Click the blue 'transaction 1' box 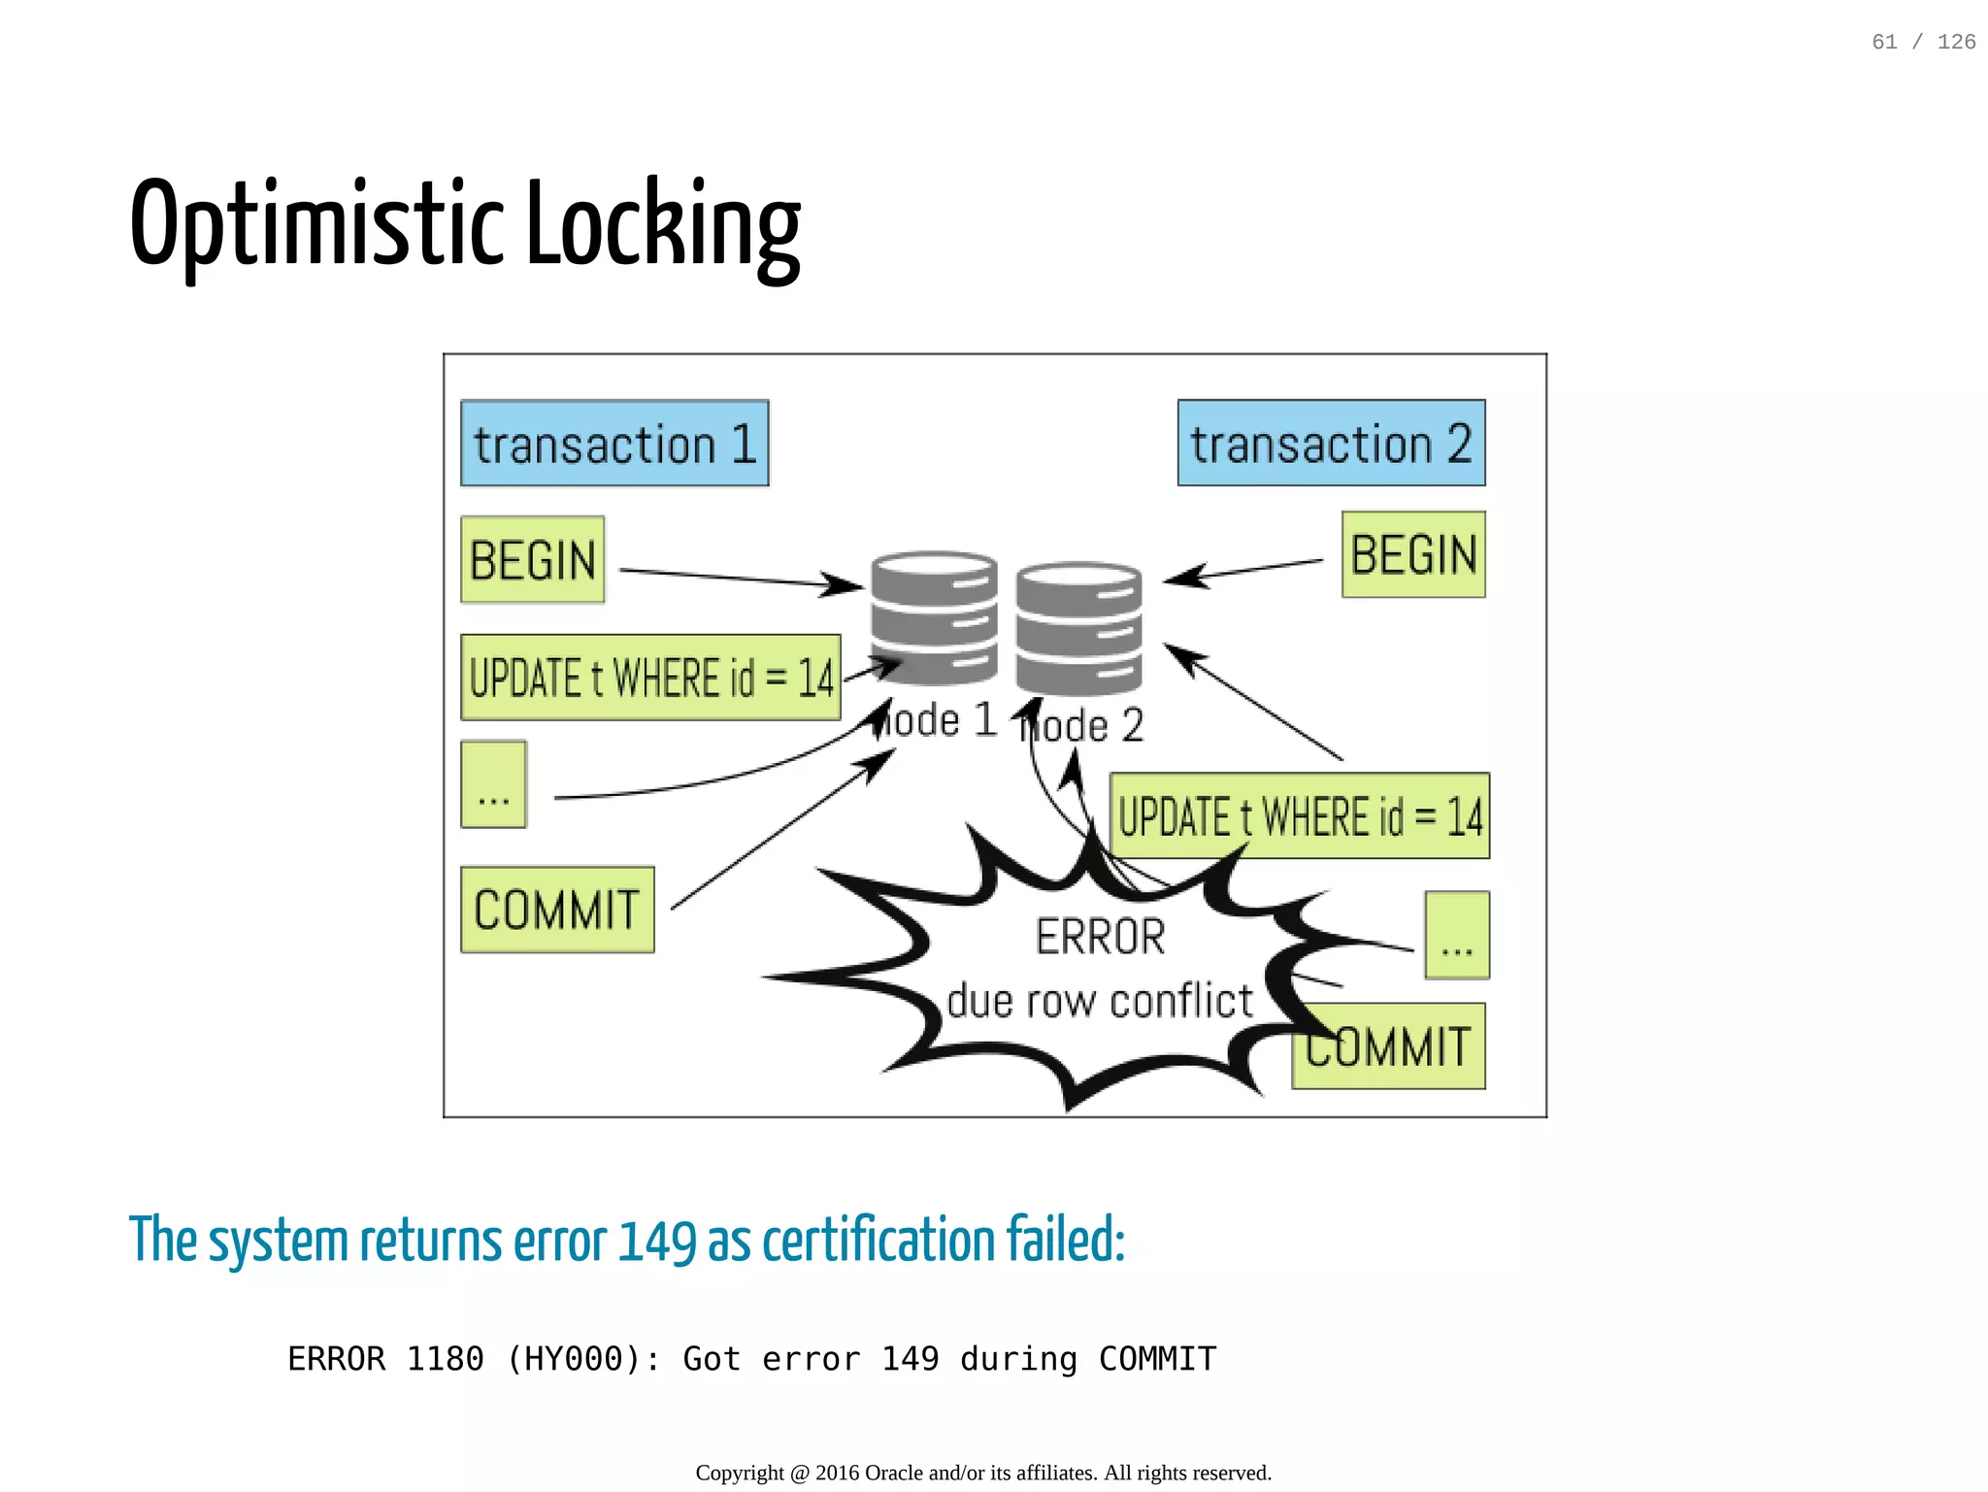click(614, 444)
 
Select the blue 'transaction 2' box click(1331, 444)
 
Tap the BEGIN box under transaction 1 click(532, 560)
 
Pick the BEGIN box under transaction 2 click(1413, 555)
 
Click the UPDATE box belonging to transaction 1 click(650, 678)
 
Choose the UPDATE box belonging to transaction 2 click(1299, 816)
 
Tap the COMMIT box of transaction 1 click(557, 910)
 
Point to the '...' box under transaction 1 click(493, 785)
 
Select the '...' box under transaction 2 click(1457, 935)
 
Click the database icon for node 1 click(934, 618)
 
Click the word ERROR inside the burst click(1100, 938)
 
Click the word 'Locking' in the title click(663, 225)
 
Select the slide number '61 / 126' click(1923, 42)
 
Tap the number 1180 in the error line click(445, 1359)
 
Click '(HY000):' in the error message click(583, 1359)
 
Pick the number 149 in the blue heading click(657, 1242)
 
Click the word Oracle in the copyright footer click(893, 1474)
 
